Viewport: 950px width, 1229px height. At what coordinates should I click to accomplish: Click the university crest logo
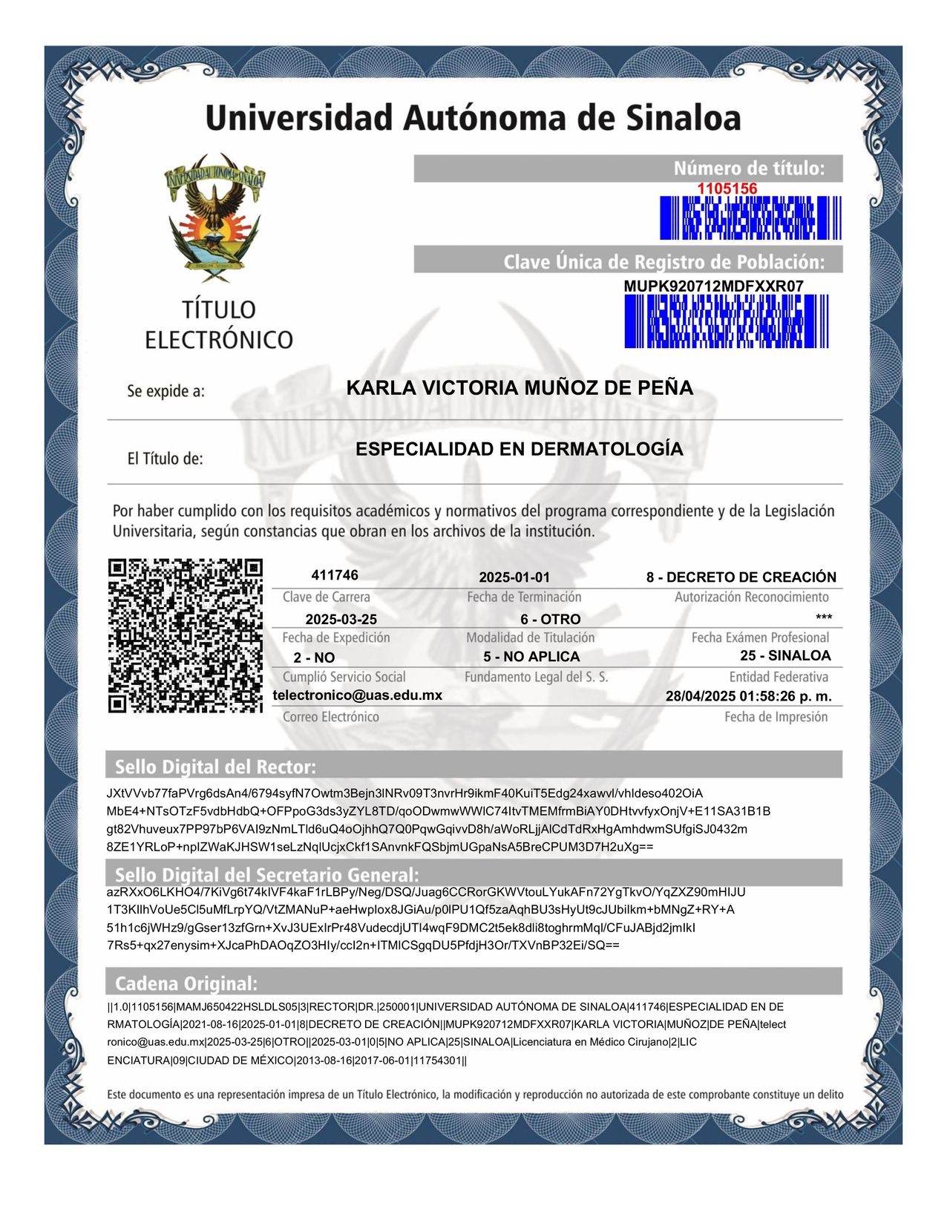click(x=214, y=217)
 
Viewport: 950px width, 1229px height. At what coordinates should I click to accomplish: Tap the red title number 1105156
click(x=727, y=189)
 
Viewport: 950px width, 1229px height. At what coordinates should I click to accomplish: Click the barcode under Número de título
click(x=750, y=218)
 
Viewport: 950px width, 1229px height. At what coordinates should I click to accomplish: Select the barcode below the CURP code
click(x=726, y=321)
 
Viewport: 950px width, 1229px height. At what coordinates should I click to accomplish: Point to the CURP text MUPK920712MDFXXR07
click(x=713, y=286)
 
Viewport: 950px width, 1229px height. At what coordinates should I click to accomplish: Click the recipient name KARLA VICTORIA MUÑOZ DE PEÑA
click(x=520, y=388)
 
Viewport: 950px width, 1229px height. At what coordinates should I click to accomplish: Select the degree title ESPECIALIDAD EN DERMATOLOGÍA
click(x=520, y=449)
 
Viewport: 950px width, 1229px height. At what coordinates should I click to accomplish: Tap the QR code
click(x=186, y=636)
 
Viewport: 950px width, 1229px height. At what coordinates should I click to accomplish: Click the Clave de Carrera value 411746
click(x=335, y=575)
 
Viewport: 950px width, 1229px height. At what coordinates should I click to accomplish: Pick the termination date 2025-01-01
click(x=514, y=577)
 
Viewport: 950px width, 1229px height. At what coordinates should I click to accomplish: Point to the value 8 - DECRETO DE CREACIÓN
click(x=741, y=577)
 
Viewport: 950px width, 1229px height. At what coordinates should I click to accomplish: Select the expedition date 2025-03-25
click(x=341, y=620)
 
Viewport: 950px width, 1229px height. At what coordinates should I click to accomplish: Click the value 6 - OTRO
click(x=550, y=620)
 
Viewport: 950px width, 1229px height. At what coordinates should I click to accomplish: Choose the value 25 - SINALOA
click(x=785, y=656)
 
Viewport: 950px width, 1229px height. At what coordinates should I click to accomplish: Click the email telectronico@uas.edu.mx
click(x=358, y=695)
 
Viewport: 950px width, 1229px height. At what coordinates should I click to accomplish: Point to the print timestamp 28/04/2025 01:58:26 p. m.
click(x=748, y=697)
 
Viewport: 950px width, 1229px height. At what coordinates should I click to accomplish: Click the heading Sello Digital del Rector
click(x=215, y=767)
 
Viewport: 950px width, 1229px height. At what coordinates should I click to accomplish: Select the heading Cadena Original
click(x=186, y=984)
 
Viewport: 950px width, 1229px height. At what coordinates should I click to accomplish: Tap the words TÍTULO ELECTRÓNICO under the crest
click(x=219, y=325)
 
